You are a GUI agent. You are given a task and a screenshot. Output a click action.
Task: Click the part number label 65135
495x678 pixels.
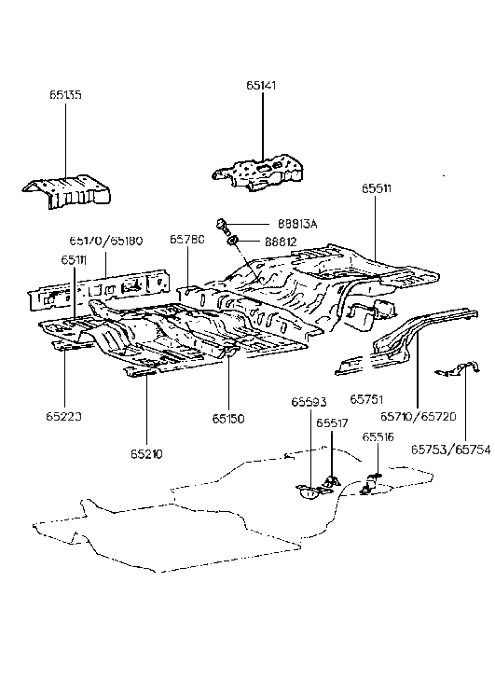coord(67,94)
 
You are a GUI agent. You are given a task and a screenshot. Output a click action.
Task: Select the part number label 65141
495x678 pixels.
coord(263,85)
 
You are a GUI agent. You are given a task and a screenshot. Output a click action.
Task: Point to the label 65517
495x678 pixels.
coord(333,422)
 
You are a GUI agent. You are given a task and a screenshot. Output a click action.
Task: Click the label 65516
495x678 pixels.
coord(377,436)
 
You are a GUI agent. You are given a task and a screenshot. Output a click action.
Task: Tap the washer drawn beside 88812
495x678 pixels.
coord(233,243)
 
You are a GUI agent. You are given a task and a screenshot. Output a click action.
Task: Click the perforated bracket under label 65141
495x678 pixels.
coord(257,173)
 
